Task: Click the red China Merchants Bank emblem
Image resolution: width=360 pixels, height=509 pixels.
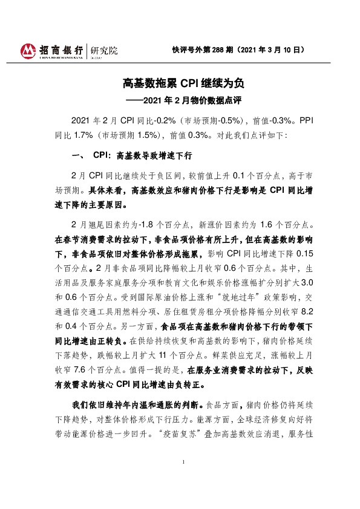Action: click(29, 51)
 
